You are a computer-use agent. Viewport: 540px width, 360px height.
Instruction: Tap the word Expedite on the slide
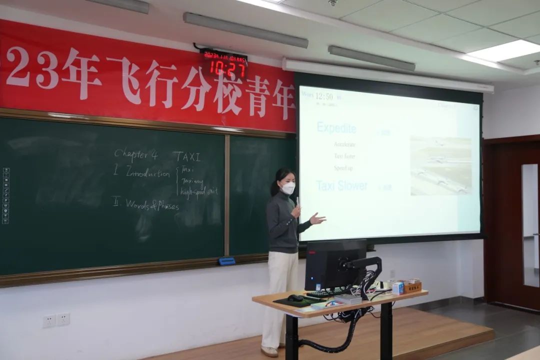tap(336, 128)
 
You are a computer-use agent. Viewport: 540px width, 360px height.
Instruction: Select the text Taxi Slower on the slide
tap(341, 186)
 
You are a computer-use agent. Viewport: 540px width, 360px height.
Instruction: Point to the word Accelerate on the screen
tap(344, 144)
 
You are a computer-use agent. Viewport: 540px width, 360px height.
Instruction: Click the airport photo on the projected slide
tap(440, 165)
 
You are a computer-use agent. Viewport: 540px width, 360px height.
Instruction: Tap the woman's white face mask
tap(288, 188)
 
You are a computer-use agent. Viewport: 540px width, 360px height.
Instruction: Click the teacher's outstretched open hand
tap(317, 218)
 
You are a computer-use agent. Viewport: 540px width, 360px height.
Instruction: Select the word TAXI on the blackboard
tap(187, 156)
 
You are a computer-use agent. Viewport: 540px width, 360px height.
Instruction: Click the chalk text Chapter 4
tap(135, 154)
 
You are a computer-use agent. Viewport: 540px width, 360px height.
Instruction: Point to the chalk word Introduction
tap(147, 173)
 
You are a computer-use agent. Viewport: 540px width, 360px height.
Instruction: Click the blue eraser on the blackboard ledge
tap(226, 260)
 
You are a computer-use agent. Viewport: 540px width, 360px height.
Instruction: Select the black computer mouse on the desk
tap(295, 298)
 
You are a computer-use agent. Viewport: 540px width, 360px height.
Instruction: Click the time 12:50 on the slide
tap(324, 96)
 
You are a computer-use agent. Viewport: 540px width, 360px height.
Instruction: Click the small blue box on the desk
tap(398, 287)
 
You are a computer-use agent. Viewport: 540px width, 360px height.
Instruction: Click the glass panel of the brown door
tap(530, 225)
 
